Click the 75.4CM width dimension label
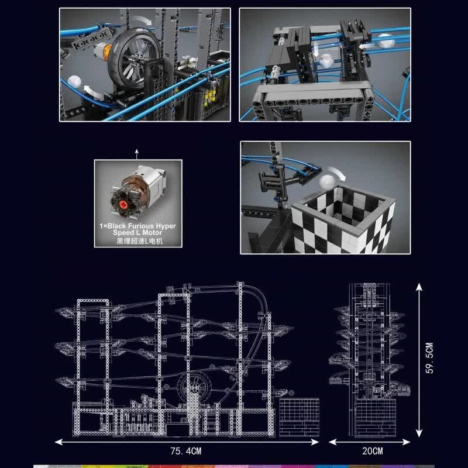[186, 451]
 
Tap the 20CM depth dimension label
[373, 451]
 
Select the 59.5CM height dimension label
[429, 358]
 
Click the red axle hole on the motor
[123, 204]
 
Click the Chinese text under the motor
[139, 241]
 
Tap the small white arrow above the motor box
[137, 154]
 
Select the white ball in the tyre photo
[74, 82]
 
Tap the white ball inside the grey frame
[326, 61]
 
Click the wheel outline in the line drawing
[196, 387]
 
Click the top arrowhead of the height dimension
[419, 287]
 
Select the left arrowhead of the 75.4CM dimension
[59, 442]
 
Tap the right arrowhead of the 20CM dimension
[406, 442]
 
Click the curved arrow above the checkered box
[338, 173]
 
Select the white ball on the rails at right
[384, 41]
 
